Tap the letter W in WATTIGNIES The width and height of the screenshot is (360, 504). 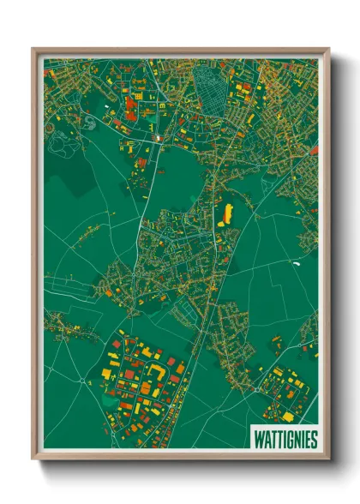(x=258, y=438)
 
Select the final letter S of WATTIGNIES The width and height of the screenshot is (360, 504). (x=314, y=438)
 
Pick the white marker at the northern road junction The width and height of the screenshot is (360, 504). (x=157, y=138)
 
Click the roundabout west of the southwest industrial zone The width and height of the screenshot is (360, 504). (x=81, y=380)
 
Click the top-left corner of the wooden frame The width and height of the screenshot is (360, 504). (x=33, y=48)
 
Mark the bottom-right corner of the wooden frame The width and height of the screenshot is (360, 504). (x=329, y=461)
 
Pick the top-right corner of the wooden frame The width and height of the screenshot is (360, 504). (x=329, y=48)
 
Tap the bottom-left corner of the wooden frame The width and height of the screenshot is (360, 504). (x=33, y=461)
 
